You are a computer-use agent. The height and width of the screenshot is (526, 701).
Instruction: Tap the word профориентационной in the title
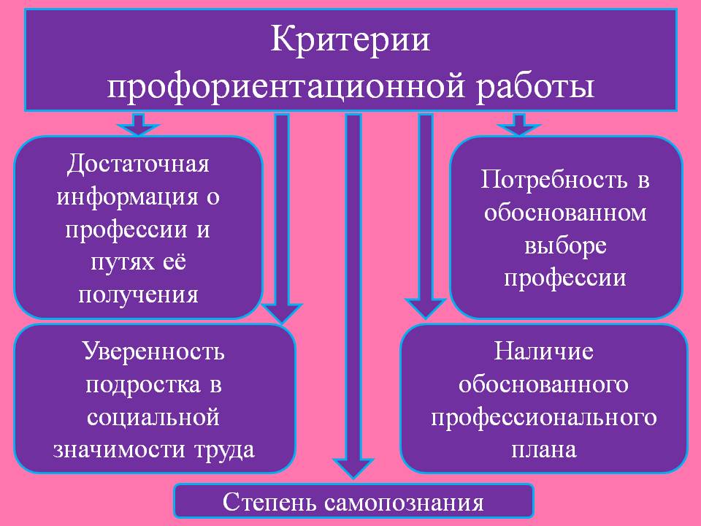pos(287,86)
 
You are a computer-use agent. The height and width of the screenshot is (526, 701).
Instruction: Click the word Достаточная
pos(138,164)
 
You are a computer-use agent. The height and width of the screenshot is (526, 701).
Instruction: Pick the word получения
pos(138,295)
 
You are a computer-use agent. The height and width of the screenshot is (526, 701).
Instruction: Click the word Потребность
pos(554,180)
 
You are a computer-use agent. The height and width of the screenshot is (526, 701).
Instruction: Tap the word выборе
pos(565,246)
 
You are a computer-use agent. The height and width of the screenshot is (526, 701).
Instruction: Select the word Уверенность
pos(154,351)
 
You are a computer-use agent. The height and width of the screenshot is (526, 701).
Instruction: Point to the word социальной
pos(153,418)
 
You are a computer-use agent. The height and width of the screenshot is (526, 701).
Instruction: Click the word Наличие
pos(543,351)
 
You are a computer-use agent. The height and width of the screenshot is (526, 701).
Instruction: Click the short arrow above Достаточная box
pos(138,124)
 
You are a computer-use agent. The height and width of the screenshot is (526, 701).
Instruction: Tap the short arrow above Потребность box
pos(518,124)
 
